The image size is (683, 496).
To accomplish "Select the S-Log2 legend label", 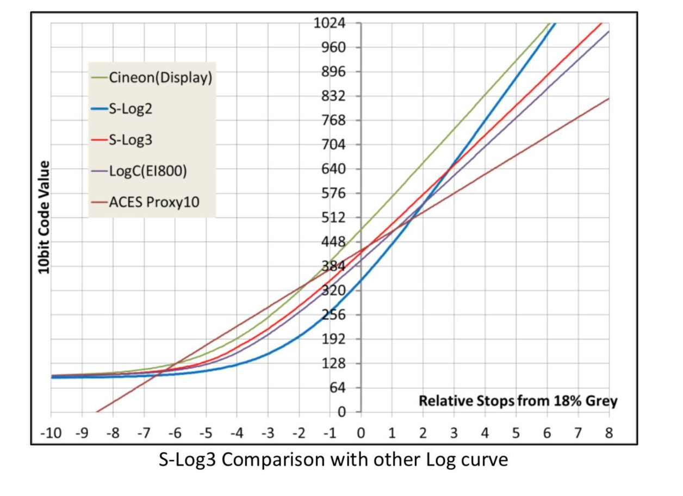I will tap(131, 109).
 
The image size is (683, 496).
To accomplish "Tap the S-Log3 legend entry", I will tap(131, 140).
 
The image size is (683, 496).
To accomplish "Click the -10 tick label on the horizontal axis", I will tap(51, 433).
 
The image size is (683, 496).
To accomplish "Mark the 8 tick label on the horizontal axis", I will tap(609, 433).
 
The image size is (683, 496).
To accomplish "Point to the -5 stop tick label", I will tap(205, 433).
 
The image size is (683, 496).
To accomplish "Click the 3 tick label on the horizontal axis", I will tap(454, 433).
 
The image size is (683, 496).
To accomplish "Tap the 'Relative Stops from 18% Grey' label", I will tap(518, 401).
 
